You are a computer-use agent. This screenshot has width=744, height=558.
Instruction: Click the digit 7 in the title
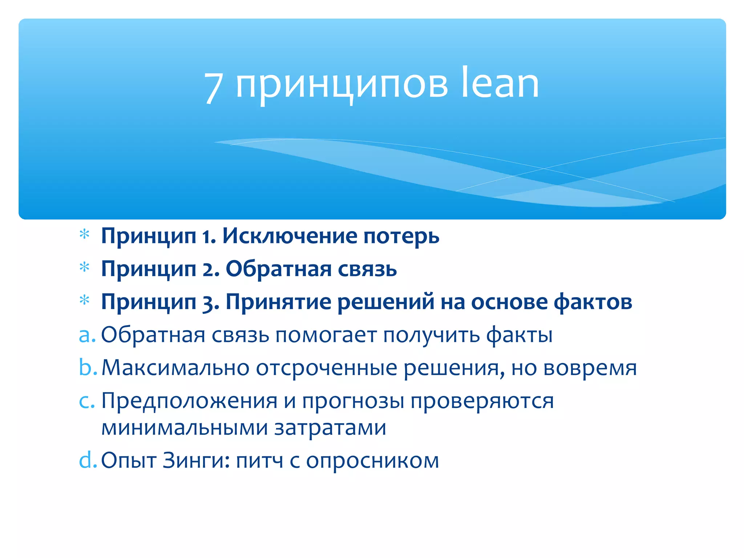tap(213, 87)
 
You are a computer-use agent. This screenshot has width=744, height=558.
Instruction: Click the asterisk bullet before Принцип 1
tap(84, 235)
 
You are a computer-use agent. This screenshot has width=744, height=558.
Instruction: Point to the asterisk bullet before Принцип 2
tap(84, 267)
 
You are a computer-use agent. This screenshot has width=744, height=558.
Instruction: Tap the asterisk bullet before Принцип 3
tap(84, 300)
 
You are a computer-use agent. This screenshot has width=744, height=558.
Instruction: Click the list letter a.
tap(87, 335)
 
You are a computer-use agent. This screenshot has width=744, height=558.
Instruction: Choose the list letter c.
tap(86, 401)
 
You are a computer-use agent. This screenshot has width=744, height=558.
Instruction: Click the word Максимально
tap(175, 368)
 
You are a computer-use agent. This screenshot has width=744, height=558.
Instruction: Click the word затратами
tap(330, 428)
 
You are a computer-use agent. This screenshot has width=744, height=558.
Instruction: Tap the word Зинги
tap(195, 461)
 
